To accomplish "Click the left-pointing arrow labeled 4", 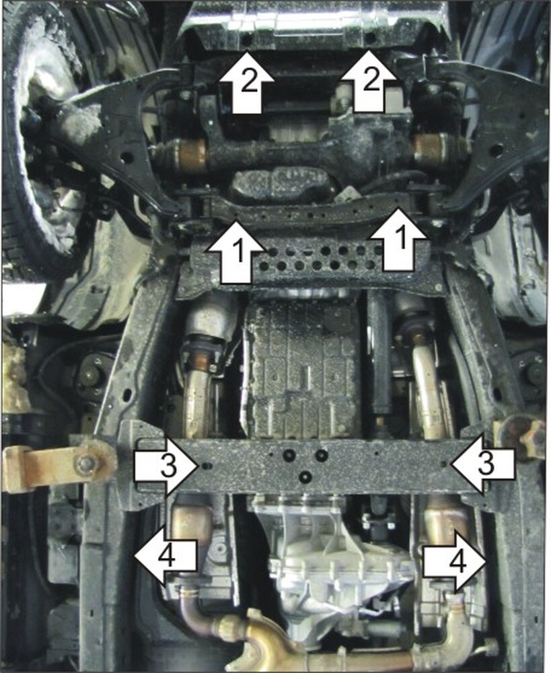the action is point(166,557).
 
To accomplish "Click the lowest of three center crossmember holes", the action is point(305,476).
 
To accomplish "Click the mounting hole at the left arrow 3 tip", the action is point(205,466).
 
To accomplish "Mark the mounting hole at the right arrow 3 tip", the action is point(445,464).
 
